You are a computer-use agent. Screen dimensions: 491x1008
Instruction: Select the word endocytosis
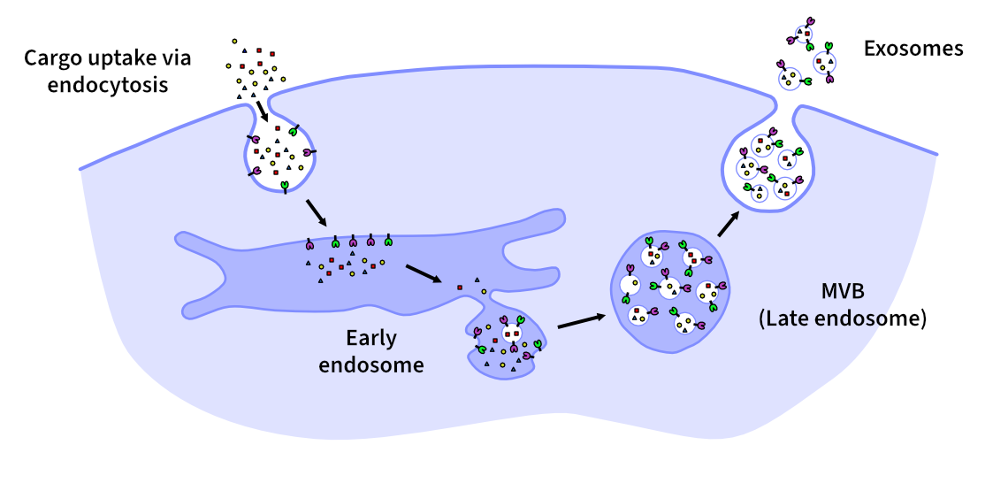click(x=108, y=86)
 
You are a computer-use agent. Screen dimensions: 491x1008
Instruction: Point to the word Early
click(x=371, y=339)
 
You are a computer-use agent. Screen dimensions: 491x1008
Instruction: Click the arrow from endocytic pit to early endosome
click(x=315, y=213)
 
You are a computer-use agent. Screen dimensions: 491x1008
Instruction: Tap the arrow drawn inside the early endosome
click(x=424, y=273)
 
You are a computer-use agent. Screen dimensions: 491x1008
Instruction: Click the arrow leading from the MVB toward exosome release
click(x=729, y=222)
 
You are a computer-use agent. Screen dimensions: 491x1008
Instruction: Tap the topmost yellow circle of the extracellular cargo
click(x=234, y=41)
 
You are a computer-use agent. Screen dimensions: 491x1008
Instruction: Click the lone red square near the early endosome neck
click(x=459, y=288)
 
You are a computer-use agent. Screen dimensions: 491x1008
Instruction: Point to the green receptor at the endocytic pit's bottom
click(x=285, y=186)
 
